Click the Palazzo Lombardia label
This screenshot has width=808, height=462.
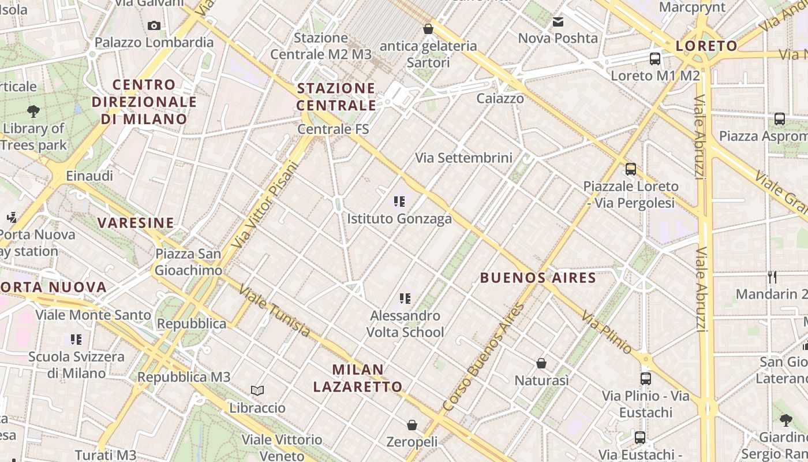[x=154, y=42]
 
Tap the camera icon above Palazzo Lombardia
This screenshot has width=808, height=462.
[x=154, y=25]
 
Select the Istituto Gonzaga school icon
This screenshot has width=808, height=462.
[x=399, y=202]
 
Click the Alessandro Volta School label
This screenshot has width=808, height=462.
[x=405, y=324]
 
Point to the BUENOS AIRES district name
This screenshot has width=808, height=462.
[x=538, y=278]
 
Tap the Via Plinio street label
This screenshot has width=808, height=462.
[x=607, y=332]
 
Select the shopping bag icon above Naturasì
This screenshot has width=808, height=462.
[x=541, y=363]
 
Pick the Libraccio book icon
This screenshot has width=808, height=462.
[x=257, y=391]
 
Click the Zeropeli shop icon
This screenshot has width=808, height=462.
[x=412, y=425]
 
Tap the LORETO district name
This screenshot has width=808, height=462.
[x=706, y=46]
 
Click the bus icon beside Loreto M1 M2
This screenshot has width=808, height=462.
[x=655, y=58]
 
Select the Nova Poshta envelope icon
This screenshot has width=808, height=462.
[x=558, y=22]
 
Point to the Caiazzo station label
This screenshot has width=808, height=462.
[x=500, y=98]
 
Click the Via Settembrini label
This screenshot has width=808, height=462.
[x=463, y=158]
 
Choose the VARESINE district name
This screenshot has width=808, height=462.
[x=136, y=223]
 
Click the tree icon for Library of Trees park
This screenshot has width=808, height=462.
[x=33, y=111]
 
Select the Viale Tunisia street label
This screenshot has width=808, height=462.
[x=275, y=311]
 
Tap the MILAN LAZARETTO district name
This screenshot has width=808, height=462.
[x=358, y=378]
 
